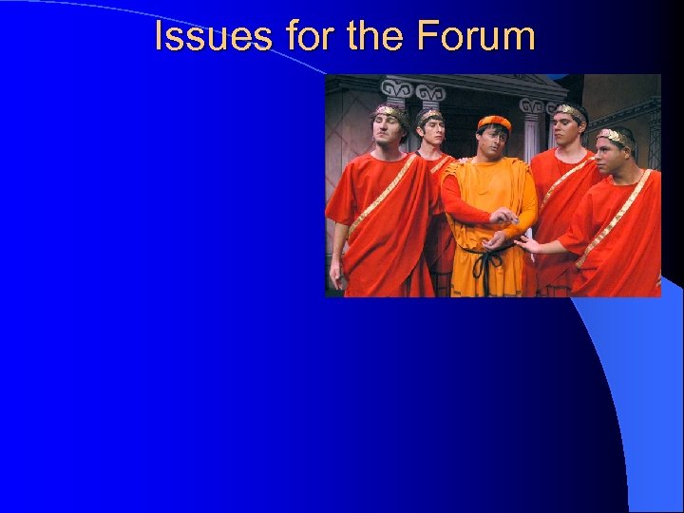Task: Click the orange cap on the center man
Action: pyautogui.click(x=494, y=123)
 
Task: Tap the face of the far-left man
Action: pyautogui.click(x=388, y=132)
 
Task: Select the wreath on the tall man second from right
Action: pyautogui.click(x=569, y=111)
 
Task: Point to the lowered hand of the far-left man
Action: pyautogui.click(x=336, y=275)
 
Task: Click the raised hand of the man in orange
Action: pyautogui.click(x=503, y=217)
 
